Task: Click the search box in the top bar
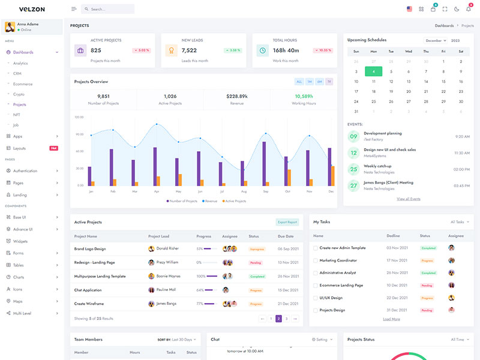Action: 108,9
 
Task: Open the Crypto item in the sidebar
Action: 20,94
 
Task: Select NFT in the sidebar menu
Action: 17,115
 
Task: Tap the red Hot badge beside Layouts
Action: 53,148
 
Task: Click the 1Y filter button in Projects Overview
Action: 329,82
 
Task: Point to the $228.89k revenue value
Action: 236,96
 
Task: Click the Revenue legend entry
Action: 210,201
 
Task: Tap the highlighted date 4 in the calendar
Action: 373,71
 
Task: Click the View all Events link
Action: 408,199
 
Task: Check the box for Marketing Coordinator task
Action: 316,260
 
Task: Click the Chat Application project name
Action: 88,290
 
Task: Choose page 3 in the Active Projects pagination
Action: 287,319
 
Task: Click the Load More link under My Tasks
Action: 391,319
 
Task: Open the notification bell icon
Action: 469,9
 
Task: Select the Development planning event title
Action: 383,133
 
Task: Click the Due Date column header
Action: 286,236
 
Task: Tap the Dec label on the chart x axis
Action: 331,191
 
